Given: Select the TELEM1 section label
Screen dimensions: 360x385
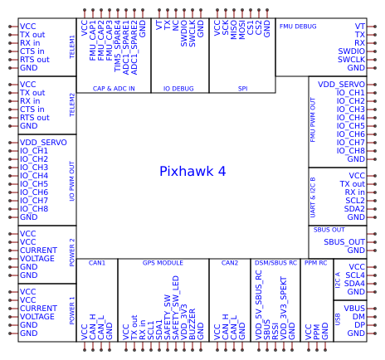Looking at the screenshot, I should tap(72, 47).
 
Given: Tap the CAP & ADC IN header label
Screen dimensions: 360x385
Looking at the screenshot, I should tap(114, 87).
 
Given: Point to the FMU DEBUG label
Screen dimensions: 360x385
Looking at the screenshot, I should tap(298, 27).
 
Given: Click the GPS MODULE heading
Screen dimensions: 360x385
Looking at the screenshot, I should tap(163, 263).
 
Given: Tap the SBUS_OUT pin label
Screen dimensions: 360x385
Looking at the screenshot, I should tap(344, 241).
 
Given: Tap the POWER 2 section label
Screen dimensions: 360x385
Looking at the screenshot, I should tap(72, 251).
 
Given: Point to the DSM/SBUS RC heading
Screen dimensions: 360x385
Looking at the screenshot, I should tap(275, 263).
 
